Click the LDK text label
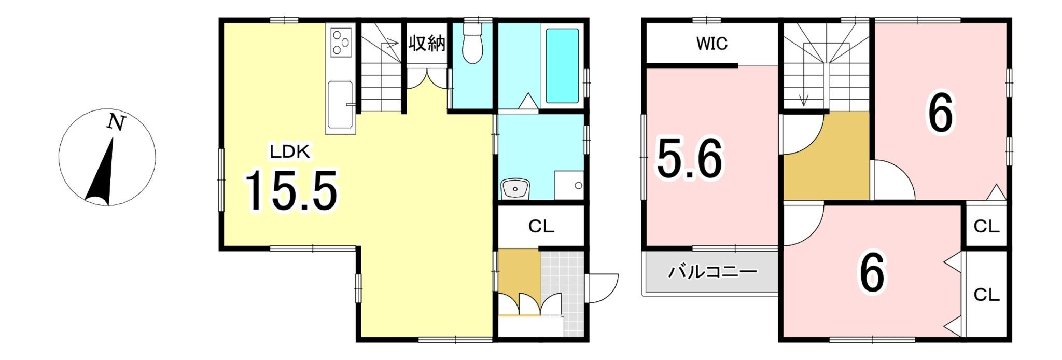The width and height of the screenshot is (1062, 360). tap(290, 152)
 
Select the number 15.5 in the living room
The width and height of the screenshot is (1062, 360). tap(291, 191)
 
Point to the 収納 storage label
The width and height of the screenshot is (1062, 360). tap(426, 43)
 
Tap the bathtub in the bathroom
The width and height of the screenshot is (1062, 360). tap(562, 65)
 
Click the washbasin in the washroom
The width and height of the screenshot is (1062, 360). tap(515, 188)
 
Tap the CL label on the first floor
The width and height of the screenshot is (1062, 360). tap(541, 227)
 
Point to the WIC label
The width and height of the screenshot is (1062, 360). tap(712, 44)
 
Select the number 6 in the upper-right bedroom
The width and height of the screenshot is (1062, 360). tap(940, 115)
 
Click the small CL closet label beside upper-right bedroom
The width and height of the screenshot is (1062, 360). tap(986, 227)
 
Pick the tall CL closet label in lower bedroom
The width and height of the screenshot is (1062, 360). tap(986, 295)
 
